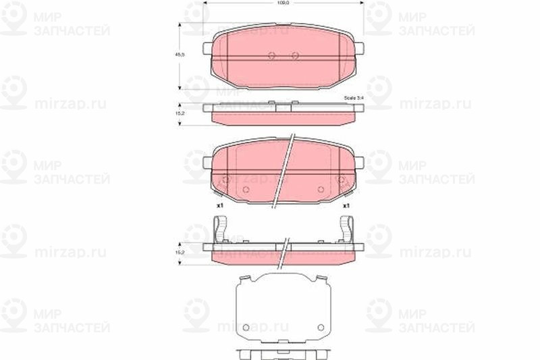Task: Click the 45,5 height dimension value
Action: [x=179, y=56]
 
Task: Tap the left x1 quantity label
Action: [x=220, y=205]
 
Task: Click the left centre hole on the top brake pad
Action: [x=271, y=57]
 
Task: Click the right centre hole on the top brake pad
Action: [x=294, y=57]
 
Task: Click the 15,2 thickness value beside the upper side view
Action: [x=179, y=114]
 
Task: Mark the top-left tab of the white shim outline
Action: [x=247, y=279]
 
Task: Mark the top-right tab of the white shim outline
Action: [x=320, y=279]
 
